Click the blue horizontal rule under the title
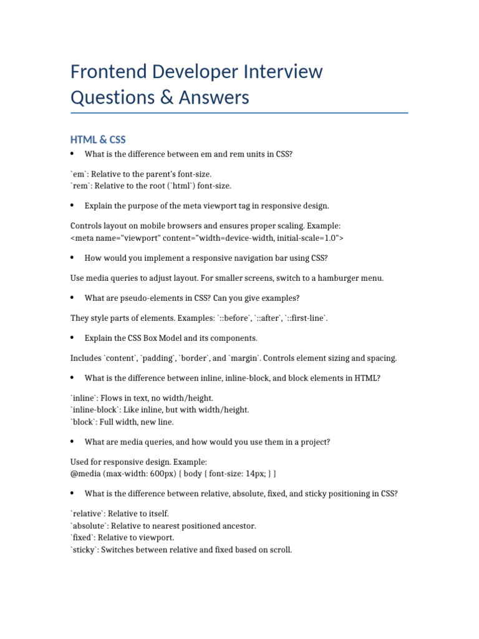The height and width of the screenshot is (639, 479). [239, 113]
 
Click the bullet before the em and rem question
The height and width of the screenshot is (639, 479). [73, 154]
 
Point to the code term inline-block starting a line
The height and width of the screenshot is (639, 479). [95, 409]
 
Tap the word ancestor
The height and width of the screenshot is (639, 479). [238, 526]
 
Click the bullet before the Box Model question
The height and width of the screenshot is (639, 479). [73, 338]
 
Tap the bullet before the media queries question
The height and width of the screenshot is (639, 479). [73, 442]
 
